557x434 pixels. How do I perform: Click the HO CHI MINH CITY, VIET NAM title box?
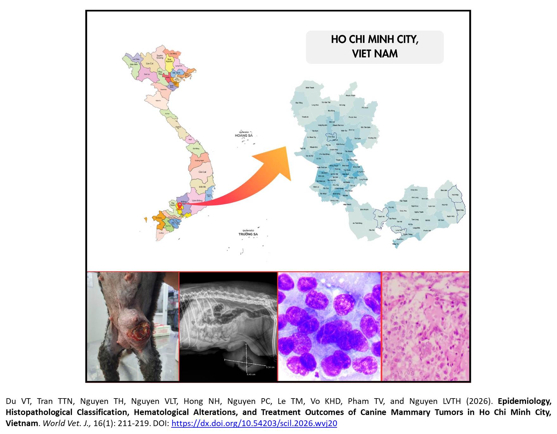pos(374,47)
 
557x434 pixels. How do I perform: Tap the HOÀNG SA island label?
pos(244,135)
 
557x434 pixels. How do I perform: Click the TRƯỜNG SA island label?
pos(248,234)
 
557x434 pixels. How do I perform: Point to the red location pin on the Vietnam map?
pos(179,205)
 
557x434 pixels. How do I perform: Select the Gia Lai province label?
pos(202,172)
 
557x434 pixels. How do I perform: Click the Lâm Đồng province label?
pos(197,201)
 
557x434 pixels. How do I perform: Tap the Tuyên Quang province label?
pos(160,57)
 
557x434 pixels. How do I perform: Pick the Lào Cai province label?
pos(150,64)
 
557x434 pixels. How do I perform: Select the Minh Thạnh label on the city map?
pos(310,88)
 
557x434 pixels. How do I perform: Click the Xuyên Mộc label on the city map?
pos(451,216)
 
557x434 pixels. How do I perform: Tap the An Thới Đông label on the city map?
pos(358,223)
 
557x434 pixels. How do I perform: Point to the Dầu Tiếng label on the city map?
pos(299,103)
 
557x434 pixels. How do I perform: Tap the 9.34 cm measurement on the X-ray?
pos(270,367)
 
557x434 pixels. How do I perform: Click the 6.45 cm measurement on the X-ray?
pos(251,374)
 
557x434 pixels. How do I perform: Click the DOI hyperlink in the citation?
pos(254,424)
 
